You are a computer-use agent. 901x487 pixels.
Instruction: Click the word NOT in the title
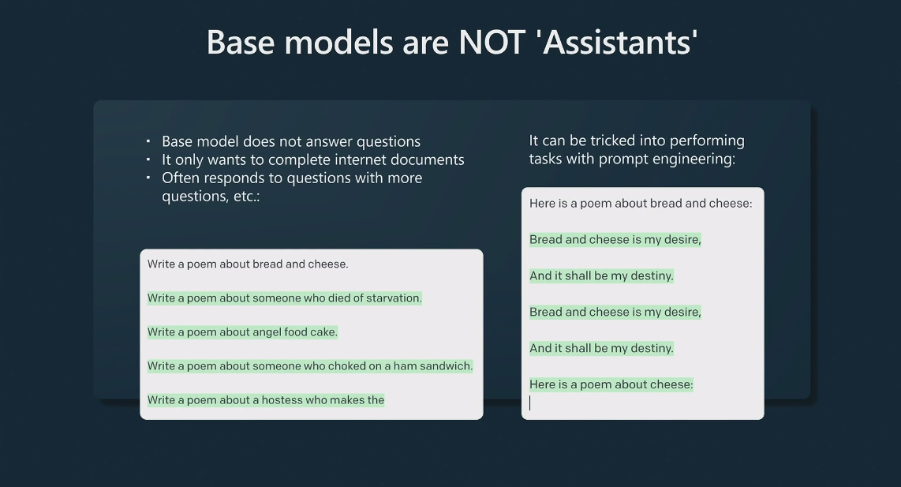(x=492, y=42)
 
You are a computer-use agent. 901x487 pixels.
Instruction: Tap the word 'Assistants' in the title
(x=619, y=42)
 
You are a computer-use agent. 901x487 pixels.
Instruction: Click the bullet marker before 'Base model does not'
(x=148, y=140)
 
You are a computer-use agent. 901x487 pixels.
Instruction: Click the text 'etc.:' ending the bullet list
(x=246, y=196)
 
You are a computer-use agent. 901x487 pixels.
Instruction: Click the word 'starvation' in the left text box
(x=394, y=298)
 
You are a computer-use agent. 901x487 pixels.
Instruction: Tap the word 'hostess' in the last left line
(x=282, y=399)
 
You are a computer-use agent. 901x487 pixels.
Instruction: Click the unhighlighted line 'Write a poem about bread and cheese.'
(x=248, y=264)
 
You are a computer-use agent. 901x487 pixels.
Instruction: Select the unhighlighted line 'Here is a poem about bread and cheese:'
(x=641, y=203)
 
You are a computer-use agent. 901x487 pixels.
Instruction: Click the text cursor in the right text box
(x=530, y=403)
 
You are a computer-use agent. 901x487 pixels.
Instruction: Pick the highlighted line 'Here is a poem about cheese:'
(x=611, y=384)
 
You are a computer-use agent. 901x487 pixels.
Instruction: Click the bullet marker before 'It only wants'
(x=148, y=159)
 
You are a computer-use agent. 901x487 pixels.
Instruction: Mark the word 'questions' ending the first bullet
(x=388, y=141)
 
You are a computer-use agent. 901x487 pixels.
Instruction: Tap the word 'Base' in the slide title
(x=241, y=42)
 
